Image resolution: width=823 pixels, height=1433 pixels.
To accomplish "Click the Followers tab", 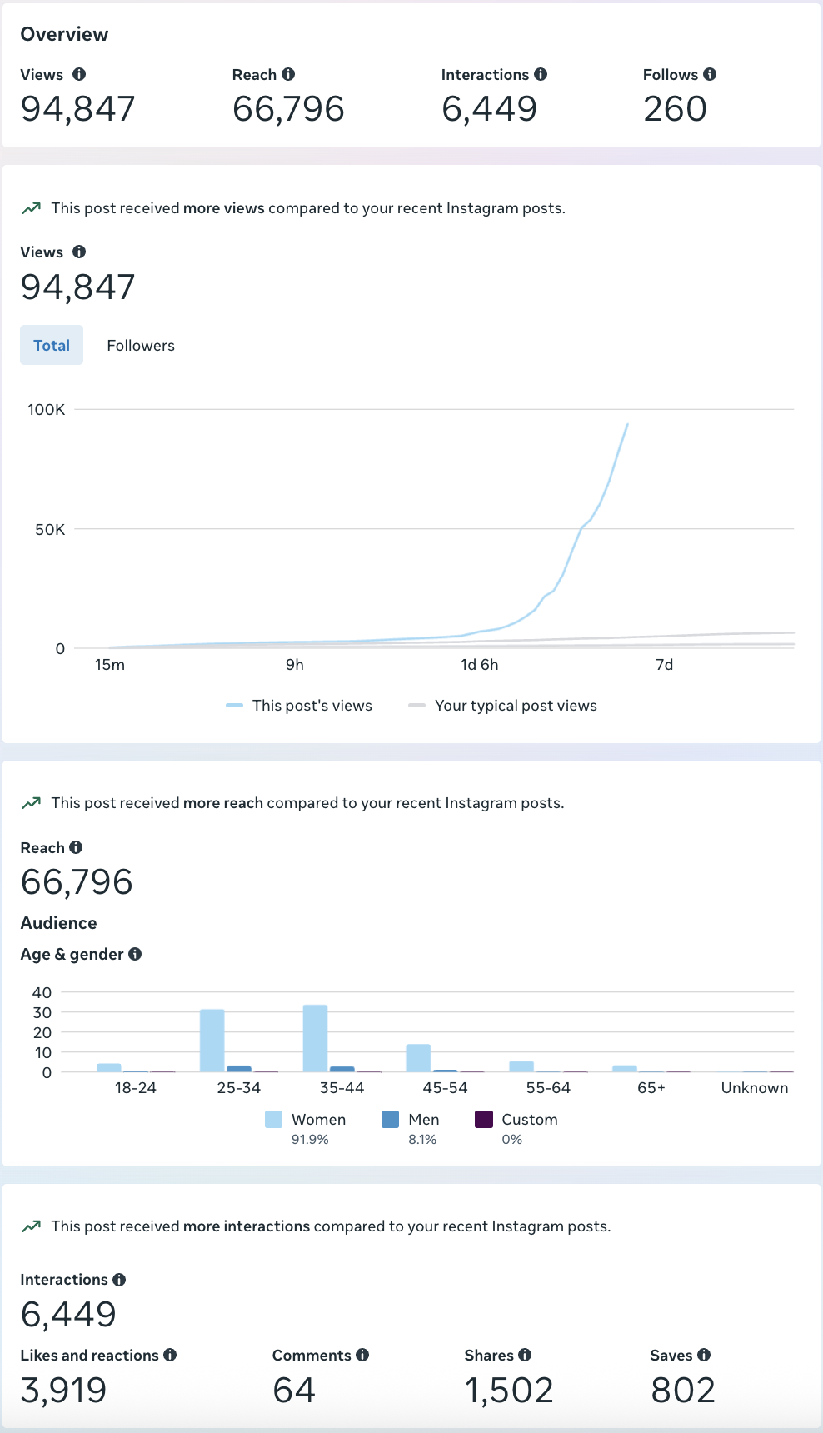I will coord(141,346).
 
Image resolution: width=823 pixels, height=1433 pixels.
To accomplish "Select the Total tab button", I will coord(52,346).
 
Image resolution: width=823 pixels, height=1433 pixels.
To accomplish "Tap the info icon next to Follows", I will coord(710,74).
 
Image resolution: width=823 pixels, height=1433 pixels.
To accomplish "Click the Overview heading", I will coord(64,34).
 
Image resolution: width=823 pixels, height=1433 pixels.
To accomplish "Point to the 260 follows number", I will coord(675,109).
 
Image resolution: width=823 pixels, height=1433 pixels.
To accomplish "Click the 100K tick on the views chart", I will coord(46,410).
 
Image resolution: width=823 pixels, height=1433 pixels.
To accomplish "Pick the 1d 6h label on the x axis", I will coord(479,665).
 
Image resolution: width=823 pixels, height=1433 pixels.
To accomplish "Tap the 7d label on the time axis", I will coord(664,665).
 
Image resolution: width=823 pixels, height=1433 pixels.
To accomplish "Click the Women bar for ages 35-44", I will coord(315,1038).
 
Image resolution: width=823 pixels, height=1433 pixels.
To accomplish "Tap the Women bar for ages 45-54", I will coord(418,1058).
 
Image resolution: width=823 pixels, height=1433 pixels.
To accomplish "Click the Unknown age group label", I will coord(754,1088).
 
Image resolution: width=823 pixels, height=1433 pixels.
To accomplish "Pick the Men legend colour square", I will coord(390,1120).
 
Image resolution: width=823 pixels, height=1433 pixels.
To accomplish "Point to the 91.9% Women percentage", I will coord(310,1140).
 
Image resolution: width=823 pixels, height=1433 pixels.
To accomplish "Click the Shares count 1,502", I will coord(509,1391).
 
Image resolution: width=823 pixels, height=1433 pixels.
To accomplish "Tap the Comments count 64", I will coord(294,1391).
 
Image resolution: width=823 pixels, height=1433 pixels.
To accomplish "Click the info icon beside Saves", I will coord(704,1356).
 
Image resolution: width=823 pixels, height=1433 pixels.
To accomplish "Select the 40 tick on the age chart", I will coord(42,992).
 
